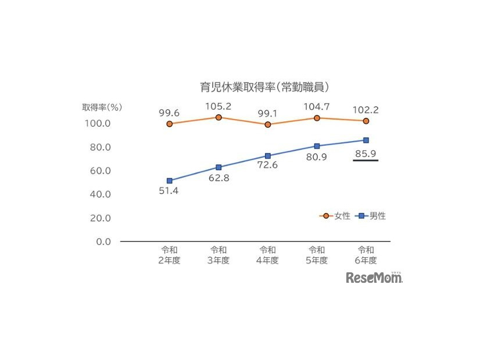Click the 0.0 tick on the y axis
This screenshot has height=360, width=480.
tap(104, 242)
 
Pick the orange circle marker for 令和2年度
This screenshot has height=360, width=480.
tap(169, 124)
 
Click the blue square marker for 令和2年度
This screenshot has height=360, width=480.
tap(169, 181)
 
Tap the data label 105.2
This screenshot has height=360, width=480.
tap(218, 106)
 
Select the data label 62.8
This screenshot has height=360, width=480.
tap(218, 178)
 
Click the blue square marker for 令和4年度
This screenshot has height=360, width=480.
tap(268, 156)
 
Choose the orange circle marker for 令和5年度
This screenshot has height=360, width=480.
tap(317, 118)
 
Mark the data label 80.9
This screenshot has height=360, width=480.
tap(317, 157)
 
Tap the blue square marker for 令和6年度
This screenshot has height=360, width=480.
tap(366, 140)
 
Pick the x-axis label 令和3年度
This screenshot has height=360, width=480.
tap(218, 255)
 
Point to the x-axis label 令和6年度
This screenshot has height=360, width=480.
tap(366, 255)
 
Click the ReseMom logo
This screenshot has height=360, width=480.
tap(374, 278)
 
